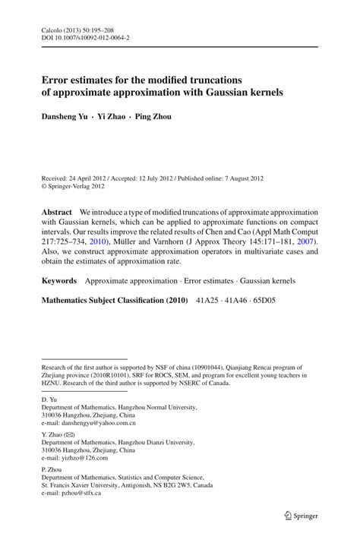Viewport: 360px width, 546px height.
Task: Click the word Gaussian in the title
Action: tap(226, 93)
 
